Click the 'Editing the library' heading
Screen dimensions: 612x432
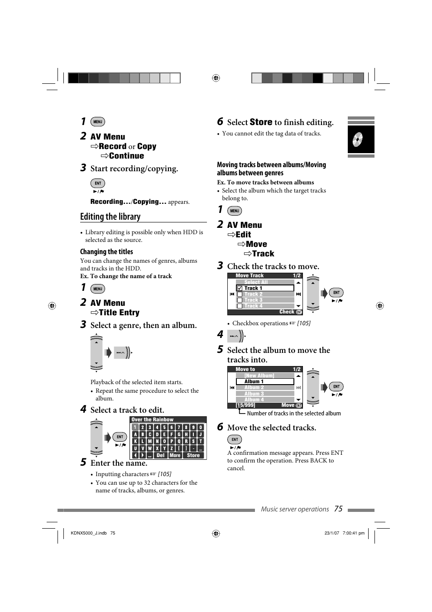point(110,217)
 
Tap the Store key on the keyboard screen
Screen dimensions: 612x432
point(193,455)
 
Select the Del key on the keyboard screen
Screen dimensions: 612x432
point(160,455)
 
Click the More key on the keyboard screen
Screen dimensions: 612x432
point(175,455)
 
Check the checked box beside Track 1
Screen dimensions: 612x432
point(240,288)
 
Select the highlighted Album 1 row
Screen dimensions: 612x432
point(265,381)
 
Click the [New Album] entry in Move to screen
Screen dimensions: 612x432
point(259,376)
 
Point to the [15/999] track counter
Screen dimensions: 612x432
point(245,405)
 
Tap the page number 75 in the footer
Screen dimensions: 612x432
point(338,509)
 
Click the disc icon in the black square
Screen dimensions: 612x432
point(358,139)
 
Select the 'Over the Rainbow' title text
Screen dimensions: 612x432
point(152,419)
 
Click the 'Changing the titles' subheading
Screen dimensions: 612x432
point(106,252)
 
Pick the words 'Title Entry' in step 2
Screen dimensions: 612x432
point(119,313)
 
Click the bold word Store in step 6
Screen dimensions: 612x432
point(261,122)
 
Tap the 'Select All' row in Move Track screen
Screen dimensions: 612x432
point(256,282)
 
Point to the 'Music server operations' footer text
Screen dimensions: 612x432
point(295,509)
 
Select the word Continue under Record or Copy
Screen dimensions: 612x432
point(126,156)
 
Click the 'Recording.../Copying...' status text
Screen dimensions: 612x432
point(128,202)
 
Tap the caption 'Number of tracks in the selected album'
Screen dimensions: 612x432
point(294,413)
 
